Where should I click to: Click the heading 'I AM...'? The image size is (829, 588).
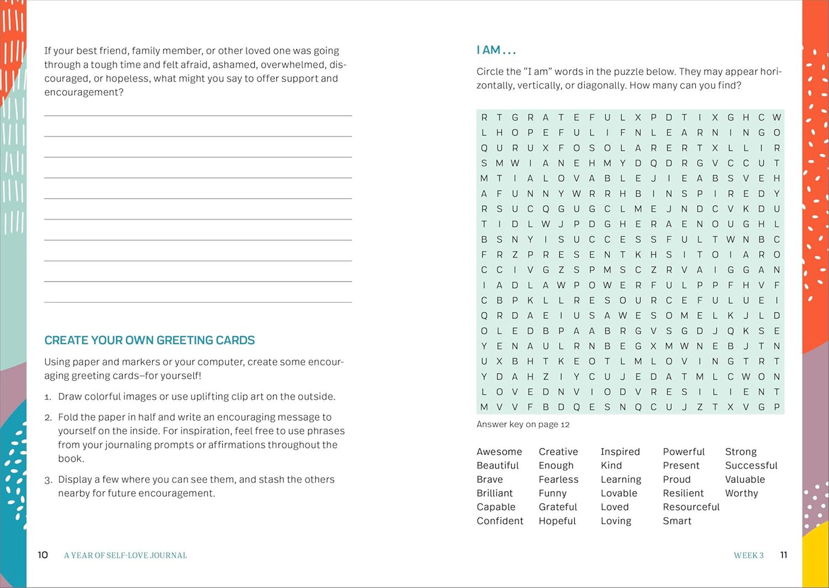(496, 50)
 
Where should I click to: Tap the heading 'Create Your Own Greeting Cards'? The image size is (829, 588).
(150, 340)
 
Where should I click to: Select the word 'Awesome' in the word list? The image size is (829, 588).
(499, 452)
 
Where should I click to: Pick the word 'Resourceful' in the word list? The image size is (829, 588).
(691, 507)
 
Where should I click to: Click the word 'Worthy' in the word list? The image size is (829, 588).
(741, 493)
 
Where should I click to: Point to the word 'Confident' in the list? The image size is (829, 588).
(500, 521)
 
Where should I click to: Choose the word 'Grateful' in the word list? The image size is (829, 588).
(558, 507)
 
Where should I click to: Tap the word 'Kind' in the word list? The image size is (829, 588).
(611, 466)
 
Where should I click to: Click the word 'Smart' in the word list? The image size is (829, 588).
(677, 521)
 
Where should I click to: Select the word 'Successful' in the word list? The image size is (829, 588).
(751, 466)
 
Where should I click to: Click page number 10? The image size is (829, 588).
(43, 555)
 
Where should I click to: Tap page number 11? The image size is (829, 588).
(784, 555)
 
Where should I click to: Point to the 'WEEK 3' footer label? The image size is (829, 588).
(749, 555)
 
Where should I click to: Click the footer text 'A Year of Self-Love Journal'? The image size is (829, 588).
(126, 555)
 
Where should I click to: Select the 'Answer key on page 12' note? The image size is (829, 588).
(523, 425)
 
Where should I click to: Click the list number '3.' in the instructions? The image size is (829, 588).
(48, 480)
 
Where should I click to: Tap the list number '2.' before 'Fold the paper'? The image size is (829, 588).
(48, 418)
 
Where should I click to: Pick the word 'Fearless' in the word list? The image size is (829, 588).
(558, 480)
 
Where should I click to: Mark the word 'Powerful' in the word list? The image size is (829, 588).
(683, 452)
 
